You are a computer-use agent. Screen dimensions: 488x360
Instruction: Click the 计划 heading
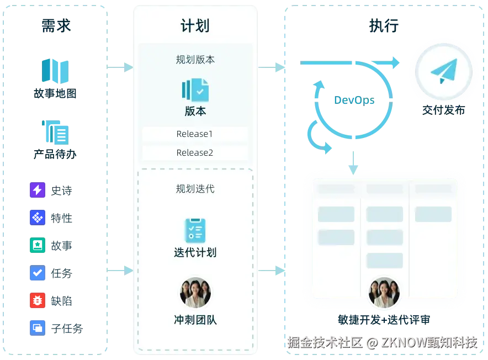[x=195, y=25]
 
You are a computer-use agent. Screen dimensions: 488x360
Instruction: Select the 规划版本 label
[x=195, y=59]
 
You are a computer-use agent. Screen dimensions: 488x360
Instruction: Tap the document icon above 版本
[x=195, y=90]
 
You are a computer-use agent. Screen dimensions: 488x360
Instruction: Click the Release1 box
[x=195, y=134]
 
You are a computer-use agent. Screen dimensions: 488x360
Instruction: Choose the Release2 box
[x=195, y=153]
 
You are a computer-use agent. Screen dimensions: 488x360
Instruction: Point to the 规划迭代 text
[x=195, y=189]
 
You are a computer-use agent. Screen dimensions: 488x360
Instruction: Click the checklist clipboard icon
[x=195, y=231]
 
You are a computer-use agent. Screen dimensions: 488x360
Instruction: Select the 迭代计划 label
[x=195, y=253]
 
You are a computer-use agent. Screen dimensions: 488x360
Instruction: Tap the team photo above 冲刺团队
[x=195, y=292]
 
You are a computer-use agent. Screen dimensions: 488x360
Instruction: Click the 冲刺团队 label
[x=195, y=320]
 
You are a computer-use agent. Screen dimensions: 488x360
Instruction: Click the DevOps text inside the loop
[x=354, y=100]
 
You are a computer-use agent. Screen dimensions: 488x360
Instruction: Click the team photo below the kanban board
[x=384, y=293]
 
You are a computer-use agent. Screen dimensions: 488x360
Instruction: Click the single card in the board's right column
[x=433, y=214]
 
